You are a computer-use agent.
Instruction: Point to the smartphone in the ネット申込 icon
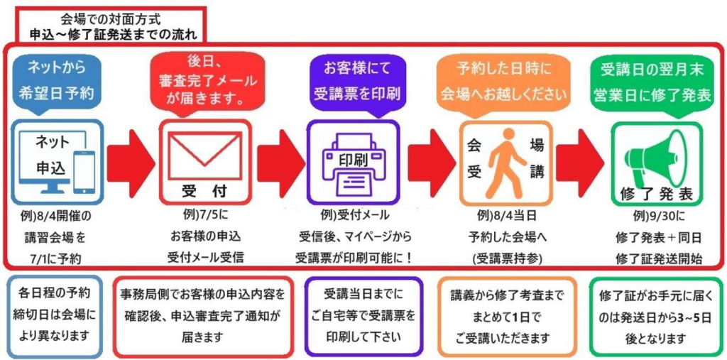84,171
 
